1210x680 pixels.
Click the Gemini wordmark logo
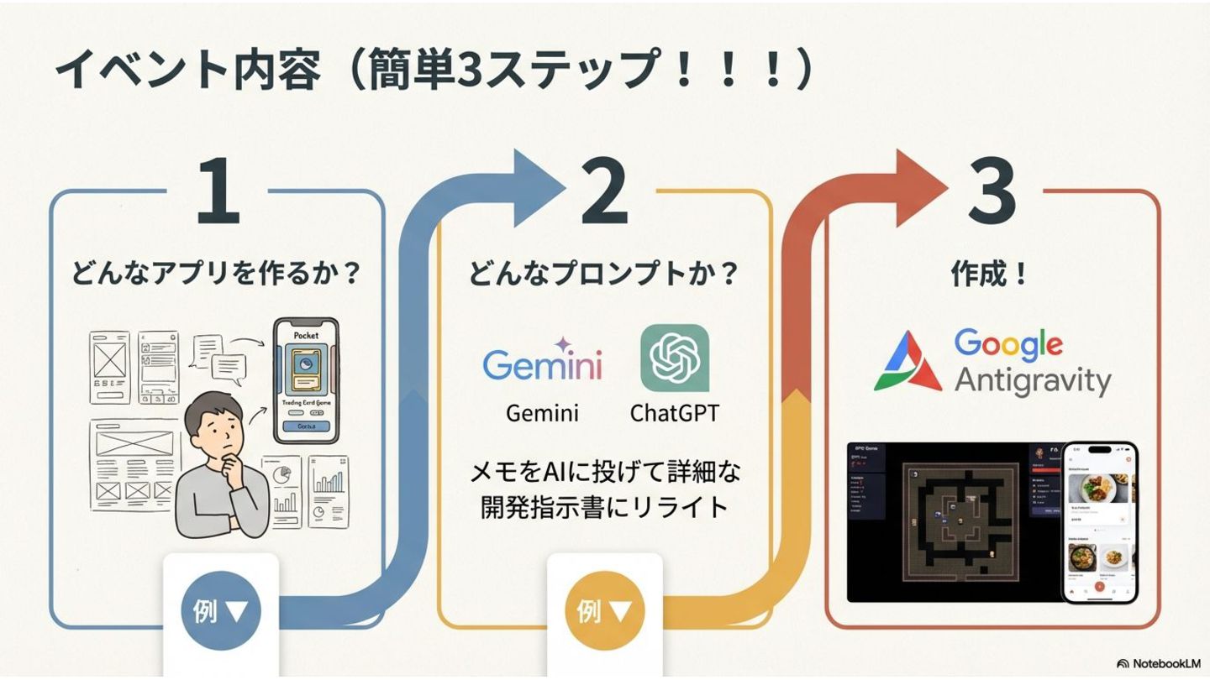coord(542,363)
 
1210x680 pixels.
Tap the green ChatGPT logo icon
coord(675,358)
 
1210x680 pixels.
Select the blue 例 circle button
coord(221,610)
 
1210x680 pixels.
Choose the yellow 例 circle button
coord(604,610)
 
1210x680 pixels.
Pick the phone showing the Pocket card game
coord(306,379)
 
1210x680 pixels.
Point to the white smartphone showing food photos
coord(1100,521)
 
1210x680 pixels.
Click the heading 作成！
coord(990,273)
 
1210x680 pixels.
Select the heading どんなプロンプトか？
coord(603,273)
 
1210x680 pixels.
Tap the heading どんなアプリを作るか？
coord(217,273)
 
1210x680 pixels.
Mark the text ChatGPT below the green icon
coord(675,413)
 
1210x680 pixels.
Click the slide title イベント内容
coord(187,72)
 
